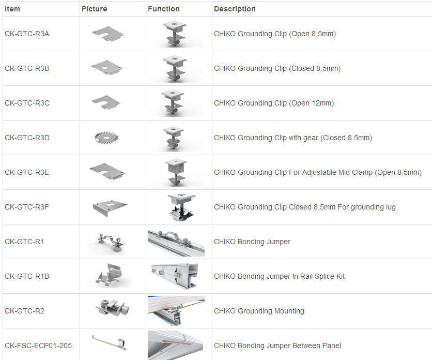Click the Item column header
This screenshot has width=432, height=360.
[x=12, y=9]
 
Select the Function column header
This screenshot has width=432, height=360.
[x=164, y=9]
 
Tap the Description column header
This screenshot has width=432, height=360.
[x=235, y=9]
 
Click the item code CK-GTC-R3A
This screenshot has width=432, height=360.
[x=27, y=34]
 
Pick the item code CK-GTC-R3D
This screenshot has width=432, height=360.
[x=27, y=138]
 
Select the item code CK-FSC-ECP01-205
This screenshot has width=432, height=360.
[x=38, y=346]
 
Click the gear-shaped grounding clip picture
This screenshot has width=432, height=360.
[x=106, y=137]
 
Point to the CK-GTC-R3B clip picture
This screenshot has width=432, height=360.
[x=107, y=68]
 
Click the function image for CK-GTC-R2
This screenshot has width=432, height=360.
[x=176, y=311]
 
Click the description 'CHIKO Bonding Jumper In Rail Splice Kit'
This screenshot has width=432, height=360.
[x=280, y=276]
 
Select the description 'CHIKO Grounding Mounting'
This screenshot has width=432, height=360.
[x=259, y=311]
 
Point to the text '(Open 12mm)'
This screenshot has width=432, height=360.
[x=311, y=103]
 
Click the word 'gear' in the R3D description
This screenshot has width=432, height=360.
[x=310, y=138]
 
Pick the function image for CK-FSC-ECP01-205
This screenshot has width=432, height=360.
[x=176, y=345]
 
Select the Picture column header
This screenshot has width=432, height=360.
[x=94, y=9]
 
